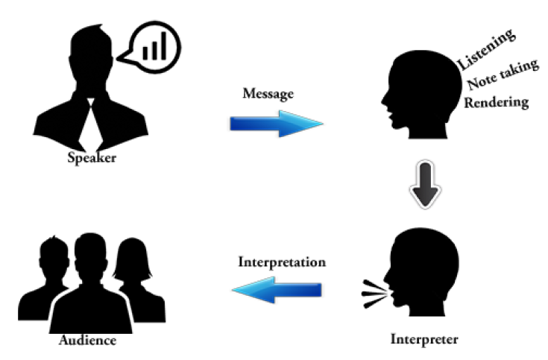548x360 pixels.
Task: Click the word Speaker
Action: [x=92, y=157]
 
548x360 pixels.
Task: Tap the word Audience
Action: [x=87, y=341]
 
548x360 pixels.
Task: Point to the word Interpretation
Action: [x=282, y=262]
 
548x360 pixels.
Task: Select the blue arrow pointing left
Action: [x=276, y=291]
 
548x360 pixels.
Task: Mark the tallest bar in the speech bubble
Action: [x=163, y=44]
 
